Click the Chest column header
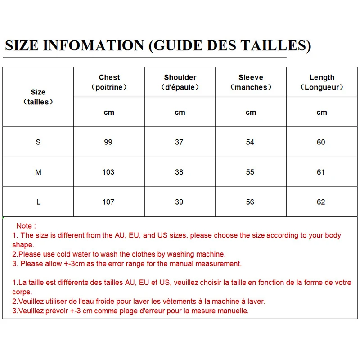point(109,82)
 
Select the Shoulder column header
point(180,82)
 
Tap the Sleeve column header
point(251,82)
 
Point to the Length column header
point(322,82)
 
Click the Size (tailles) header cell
point(38,97)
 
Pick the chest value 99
point(108,142)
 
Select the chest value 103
point(108,172)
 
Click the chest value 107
point(108,202)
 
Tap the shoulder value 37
point(179,142)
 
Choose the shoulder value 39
point(179,202)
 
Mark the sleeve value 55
point(250,172)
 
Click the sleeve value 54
point(250,142)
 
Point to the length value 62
point(321,202)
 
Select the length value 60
point(321,142)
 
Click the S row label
point(38,142)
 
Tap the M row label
point(38,172)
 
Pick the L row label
point(38,202)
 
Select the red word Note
point(24,226)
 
